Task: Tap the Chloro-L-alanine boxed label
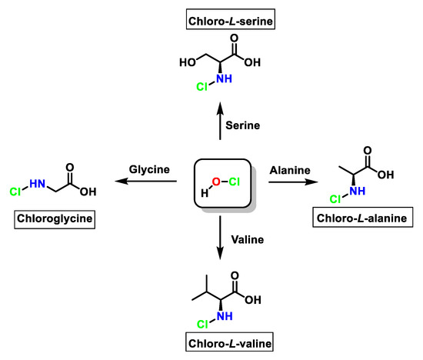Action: point(365,220)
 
